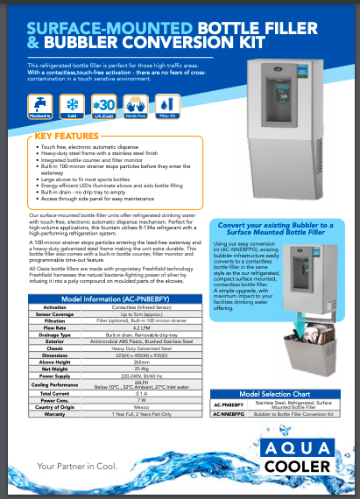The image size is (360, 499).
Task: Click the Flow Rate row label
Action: [54, 329]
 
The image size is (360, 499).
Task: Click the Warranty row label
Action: [54, 413]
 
